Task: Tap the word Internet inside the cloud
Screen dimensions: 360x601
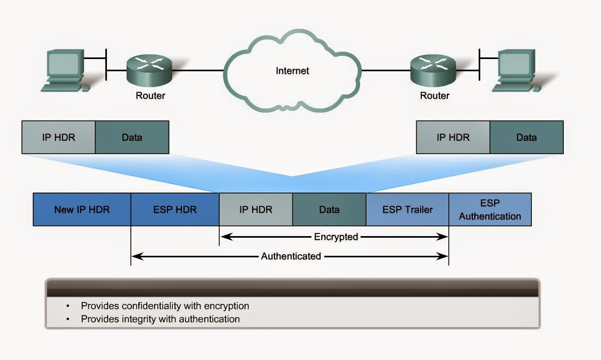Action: click(x=292, y=71)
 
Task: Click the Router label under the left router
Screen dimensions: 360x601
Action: click(x=151, y=96)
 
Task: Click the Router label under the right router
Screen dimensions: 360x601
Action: click(x=435, y=96)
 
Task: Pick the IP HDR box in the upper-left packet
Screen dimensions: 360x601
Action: click(x=59, y=137)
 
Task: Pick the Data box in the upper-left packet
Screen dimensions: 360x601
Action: click(x=132, y=137)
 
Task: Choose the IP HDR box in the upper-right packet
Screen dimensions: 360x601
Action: click(x=453, y=137)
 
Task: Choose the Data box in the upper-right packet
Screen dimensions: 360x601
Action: click(x=527, y=137)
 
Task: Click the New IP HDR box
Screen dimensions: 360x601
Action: click(x=82, y=210)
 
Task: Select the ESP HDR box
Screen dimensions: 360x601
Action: click(x=175, y=210)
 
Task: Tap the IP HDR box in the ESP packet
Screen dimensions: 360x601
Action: click(x=256, y=210)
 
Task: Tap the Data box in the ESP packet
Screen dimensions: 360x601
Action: click(x=329, y=210)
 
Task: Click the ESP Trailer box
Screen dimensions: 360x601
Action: click(x=407, y=210)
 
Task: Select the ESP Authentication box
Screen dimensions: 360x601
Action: click(x=490, y=210)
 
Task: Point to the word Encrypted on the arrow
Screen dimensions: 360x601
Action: click(x=336, y=237)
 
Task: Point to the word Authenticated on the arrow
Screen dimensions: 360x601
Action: click(x=291, y=256)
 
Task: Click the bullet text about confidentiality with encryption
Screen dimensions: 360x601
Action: click(x=165, y=306)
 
